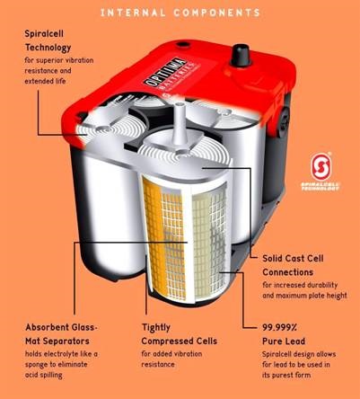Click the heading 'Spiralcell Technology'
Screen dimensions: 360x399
48,40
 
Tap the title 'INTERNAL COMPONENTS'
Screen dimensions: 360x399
180,13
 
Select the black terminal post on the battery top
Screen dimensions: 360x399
241,55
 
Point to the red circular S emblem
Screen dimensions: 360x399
320,166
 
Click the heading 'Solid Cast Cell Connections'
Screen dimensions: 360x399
293,265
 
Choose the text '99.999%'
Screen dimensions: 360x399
279,327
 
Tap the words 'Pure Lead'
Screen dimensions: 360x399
284,341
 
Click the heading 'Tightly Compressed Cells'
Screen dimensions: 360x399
180,334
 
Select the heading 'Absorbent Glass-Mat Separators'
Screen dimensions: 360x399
62,334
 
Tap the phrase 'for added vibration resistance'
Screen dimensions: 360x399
171,359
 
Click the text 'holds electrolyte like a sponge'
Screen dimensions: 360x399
61,359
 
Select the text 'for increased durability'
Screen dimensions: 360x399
300,285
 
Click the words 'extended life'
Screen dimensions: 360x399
45,81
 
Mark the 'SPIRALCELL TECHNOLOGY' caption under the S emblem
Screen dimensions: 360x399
320,187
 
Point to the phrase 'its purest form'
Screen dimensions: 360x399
286,375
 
